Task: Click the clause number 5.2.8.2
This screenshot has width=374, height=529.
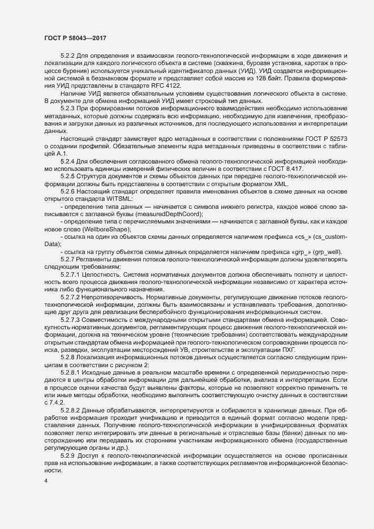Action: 71,408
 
